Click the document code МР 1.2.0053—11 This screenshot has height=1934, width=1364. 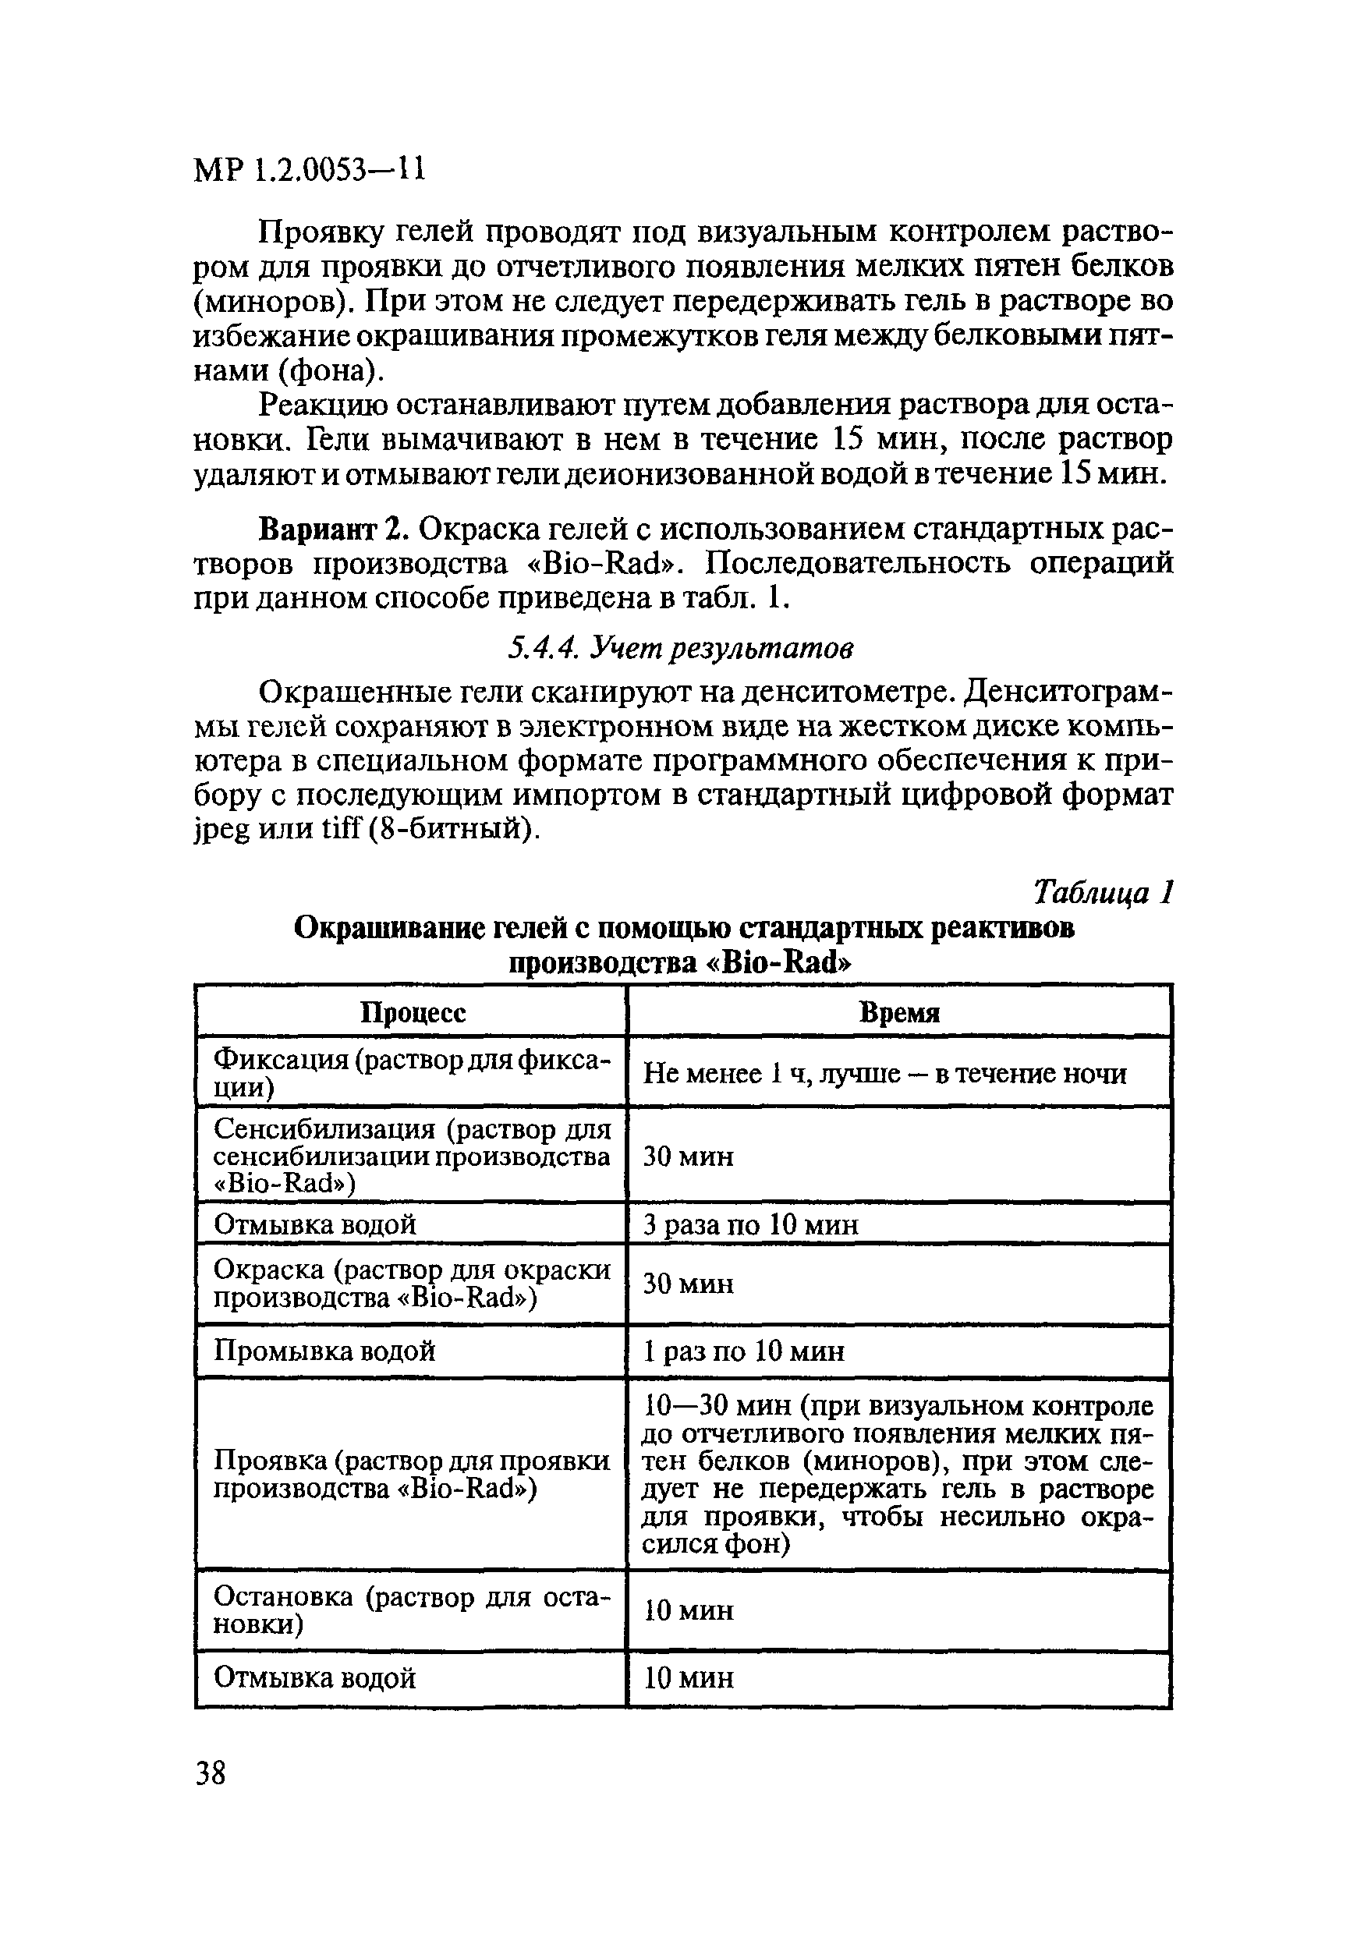pyautogui.click(x=309, y=170)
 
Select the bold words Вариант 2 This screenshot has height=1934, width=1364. pyautogui.click(x=334, y=528)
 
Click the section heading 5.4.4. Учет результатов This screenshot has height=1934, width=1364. pyautogui.click(x=680, y=647)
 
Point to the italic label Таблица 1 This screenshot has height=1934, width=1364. pyautogui.click(x=1103, y=891)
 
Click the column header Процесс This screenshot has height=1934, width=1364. pyautogui.click(x=413, y=1011)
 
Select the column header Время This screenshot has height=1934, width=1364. pyautogui.click(x=899, y=1011)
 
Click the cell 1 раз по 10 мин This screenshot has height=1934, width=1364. pyautogui.click(x=743, y=1351)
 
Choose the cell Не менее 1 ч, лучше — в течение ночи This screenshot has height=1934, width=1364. pyautogui.click(x=884, y=1073)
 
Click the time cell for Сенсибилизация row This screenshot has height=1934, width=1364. pyautogui.click(x=689, y=1157)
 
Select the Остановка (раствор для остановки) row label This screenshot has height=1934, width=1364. pyautogui.click(x=411, y=1610)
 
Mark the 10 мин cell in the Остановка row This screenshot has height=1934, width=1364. pyautogui.click(x=689, y=1610)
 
